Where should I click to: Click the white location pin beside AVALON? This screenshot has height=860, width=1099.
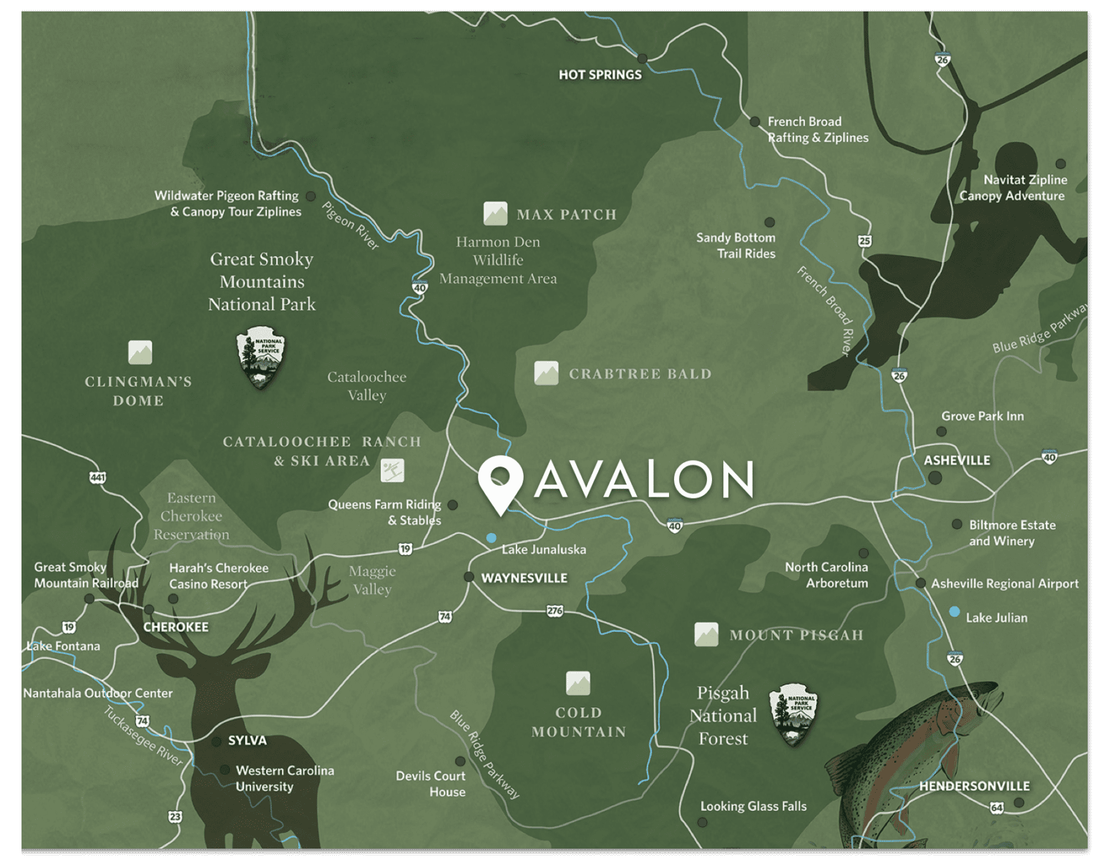click(x=500, y=481)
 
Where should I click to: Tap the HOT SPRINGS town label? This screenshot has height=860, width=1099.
click(x=600, y=74)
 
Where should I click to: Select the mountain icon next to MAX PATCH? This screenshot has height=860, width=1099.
click(x=495, y=213)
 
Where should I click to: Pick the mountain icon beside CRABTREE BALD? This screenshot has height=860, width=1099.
click(x=546, y=373)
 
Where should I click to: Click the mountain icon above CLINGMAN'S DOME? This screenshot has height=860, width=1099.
click(x=140, y=352)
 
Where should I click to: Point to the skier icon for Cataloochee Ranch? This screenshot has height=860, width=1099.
click(x=392, y=470)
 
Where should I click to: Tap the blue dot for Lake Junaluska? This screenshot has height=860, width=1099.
click(x=491, y=537)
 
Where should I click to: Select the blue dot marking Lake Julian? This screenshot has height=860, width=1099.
click(x=954, y=612)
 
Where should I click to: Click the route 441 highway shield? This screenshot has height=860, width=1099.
click(x=97, y=477)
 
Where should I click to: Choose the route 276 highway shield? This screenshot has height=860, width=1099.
click(x=555, y=610)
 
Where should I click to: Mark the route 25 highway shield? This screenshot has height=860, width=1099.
click(x=865, y=240)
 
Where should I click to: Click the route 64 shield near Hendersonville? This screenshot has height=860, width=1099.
click(x=997, y=808)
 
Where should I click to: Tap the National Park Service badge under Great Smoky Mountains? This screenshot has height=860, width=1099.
click(x=260, y=358)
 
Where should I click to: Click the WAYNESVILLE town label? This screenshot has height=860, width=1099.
click(x=524, y=578)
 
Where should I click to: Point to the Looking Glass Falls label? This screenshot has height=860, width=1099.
click(x=753, y=806)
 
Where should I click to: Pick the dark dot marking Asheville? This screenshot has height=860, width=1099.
click(x=935, y=478)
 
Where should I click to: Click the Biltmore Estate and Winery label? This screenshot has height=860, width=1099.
click(x=1011, y=533)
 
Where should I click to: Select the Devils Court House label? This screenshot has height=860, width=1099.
click(x=431, y=783)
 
